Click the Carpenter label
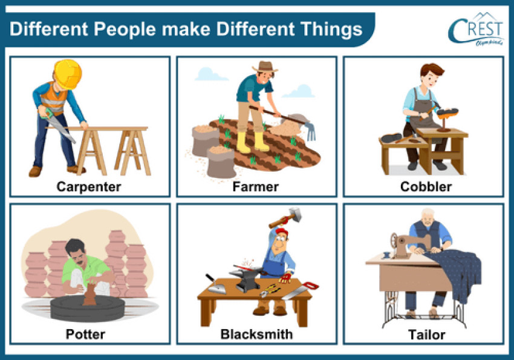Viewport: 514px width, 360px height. pyautogui.click(x=88, y=187)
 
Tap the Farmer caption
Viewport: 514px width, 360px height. pyautogui.click(x=255, y=187)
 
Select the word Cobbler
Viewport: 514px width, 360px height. pyautogui.click(x=426, y=187)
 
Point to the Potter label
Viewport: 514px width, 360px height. pyautogui.click(x=85, y=334)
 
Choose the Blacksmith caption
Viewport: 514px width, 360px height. pyautogui.click(x=256, y=334)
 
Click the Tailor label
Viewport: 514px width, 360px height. pyautogui.click(x=426, y=334)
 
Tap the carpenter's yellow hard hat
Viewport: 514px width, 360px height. pyautogui.click(x=67, y=72)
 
